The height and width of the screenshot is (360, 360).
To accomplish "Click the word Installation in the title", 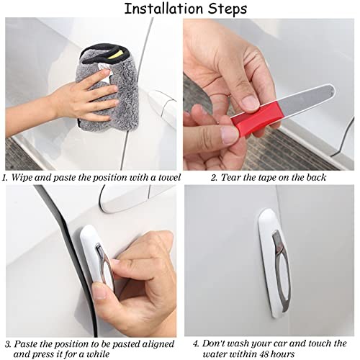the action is [x=163, y=9].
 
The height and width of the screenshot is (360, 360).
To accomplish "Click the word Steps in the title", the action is [x=228, y=9].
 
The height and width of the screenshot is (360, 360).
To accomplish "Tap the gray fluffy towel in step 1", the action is [x=108, y=88].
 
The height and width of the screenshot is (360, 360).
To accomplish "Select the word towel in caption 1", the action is [x=169, y=178].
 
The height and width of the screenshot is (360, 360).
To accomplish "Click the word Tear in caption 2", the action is [x=230, y=178].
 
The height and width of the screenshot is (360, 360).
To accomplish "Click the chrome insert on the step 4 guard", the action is [x=282, y=271].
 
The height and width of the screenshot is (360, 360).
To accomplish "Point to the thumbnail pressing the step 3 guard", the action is [x=99, y=291].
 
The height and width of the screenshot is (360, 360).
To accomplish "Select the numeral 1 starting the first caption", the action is [x=5, y=178].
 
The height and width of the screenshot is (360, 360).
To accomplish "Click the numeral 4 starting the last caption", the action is [x=196, y=343].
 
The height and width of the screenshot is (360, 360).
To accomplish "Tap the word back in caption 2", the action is [x=316, y=178].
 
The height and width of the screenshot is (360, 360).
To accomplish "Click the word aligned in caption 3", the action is [x=158, y=344].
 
